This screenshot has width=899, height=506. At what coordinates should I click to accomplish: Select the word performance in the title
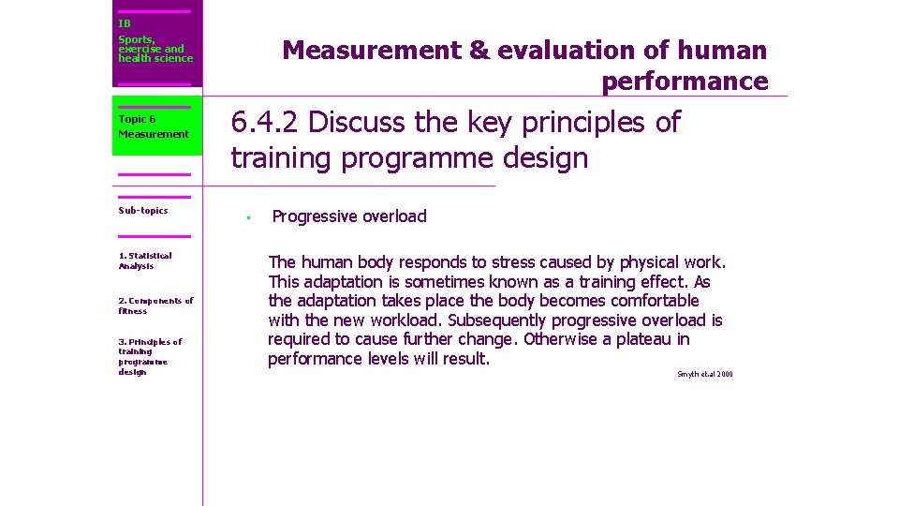coord(685,82)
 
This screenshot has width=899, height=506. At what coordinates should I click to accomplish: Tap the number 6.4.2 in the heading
coord(266,123)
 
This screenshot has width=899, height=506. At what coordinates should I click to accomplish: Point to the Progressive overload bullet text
coord(348,216)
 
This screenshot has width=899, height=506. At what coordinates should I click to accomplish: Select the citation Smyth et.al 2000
coord(704,375)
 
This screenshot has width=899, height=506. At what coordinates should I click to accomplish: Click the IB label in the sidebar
coord(125,23)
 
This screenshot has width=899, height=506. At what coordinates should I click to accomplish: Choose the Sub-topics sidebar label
coord(143,210)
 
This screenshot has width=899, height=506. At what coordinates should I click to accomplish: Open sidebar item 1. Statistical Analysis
coord(145,260)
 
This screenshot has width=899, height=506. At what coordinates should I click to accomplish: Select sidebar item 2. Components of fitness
coord(155,305)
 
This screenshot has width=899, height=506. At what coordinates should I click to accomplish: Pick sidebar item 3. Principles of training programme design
coord(150,356)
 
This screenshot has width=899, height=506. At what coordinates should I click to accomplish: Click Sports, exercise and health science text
coord(155,49)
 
